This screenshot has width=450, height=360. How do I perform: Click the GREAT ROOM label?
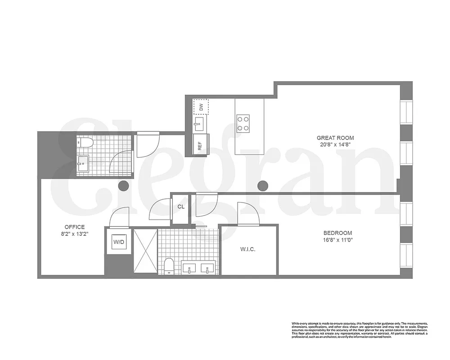point(335,138)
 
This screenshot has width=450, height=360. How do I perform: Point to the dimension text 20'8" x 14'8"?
point(335,144)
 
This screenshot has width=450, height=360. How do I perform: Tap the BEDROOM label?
point(337,233)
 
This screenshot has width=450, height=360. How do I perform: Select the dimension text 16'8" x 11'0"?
point(337,240)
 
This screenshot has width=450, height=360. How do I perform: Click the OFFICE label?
point(74,227)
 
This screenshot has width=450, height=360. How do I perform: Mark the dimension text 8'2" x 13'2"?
point(74,234)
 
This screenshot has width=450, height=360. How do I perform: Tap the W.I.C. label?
point(248,249)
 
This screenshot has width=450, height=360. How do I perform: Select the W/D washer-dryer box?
point(119,242)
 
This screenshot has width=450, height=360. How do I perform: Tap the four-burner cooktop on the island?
point(243,123)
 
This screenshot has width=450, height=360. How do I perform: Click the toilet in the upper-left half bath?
point(85,143)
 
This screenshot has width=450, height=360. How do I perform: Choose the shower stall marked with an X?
point(145,252)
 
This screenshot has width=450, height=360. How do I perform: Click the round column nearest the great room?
point(263,185)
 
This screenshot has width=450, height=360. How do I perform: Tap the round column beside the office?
point(123,185)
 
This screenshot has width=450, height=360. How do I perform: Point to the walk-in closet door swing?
point(247,214)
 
